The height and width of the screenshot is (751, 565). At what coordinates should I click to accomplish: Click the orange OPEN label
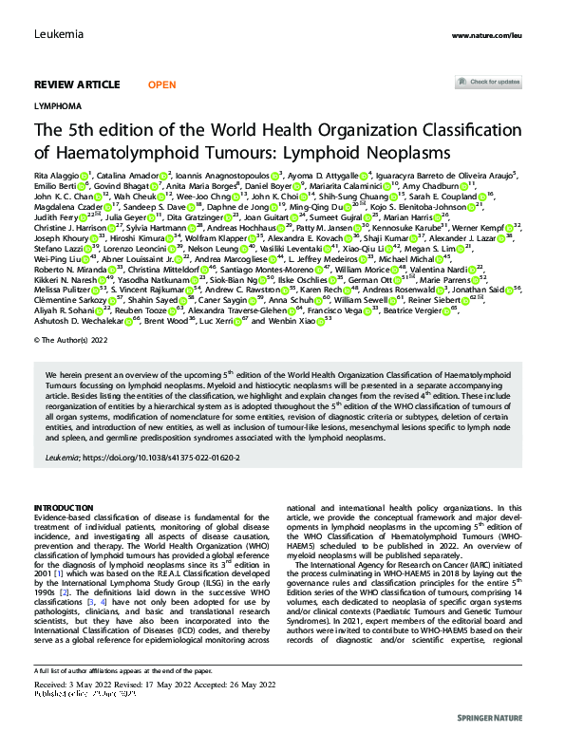pyautogui.click(x=161, y=84)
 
